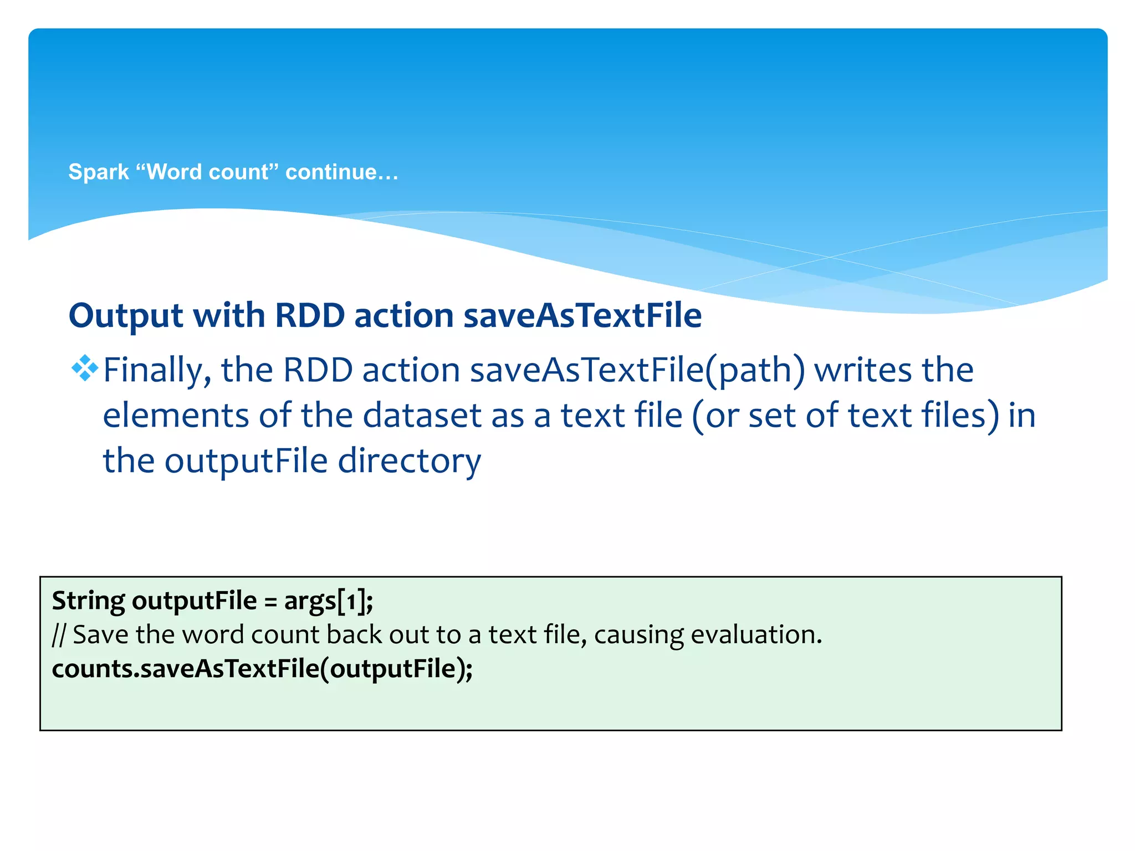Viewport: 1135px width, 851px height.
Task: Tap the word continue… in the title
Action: click(x=341, y=172)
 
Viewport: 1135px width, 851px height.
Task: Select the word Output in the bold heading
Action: click(x=126, y=316)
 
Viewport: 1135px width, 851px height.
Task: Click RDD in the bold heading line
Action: click(x=310, y=316)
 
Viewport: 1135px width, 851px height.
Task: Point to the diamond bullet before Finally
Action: click(x=85, y=368)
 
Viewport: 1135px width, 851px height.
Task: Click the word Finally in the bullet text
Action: click(x=157, y=370)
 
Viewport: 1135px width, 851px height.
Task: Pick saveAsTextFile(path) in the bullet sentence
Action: click(x=637, y=370)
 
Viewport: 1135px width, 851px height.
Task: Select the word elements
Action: click(x=176, y=416)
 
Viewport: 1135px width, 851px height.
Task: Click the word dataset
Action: click(x=422, y=416)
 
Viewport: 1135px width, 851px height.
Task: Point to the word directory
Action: click(x=410, y=461)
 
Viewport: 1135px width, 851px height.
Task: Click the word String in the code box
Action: click(x=89, y=601)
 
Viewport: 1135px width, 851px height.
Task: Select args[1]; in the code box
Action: click(x=329, y=601)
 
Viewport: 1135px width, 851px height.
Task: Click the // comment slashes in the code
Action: click(x=59, y=635)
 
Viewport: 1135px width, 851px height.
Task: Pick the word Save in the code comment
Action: click(x=101, y=635)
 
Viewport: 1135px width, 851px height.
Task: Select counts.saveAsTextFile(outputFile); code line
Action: click(x=262, y=669)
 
